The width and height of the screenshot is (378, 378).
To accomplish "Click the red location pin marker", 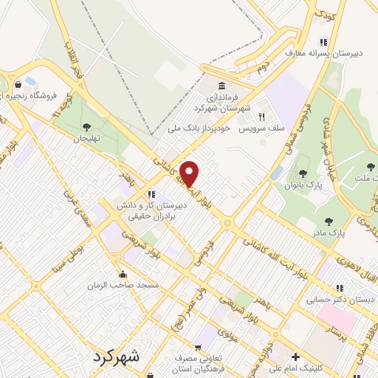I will pyautogui.click(x=190, y=173).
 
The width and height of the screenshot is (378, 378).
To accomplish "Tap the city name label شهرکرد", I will pyautogui.click(x=116, y=357).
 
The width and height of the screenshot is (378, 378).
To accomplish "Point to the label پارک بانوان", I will pyautogui.click(x=302, y=185).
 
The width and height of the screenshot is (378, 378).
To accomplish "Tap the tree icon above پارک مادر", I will pyautogui.click(x=329, y=221).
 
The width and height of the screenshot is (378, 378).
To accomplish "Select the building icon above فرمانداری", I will pyautogui.click(x=222, y=86).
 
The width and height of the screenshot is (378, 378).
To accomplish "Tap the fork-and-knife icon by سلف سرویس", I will pyautogui.click(x=261, y=117).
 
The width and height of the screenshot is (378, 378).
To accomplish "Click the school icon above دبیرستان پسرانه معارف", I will pyautogui.click(x=323, y=42).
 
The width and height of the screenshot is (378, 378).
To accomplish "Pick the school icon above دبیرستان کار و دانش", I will pyautogui.click(x=152, y=194).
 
